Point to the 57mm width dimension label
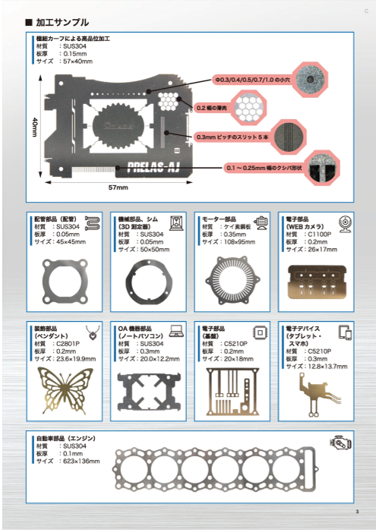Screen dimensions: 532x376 tap(118, 187)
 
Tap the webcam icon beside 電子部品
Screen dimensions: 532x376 tap(343, 224)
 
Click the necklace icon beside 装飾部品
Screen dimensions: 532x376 tap(93, 332)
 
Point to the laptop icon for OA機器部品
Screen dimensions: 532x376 tap(175, 332)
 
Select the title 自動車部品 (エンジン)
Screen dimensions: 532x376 tap(69, 439)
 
